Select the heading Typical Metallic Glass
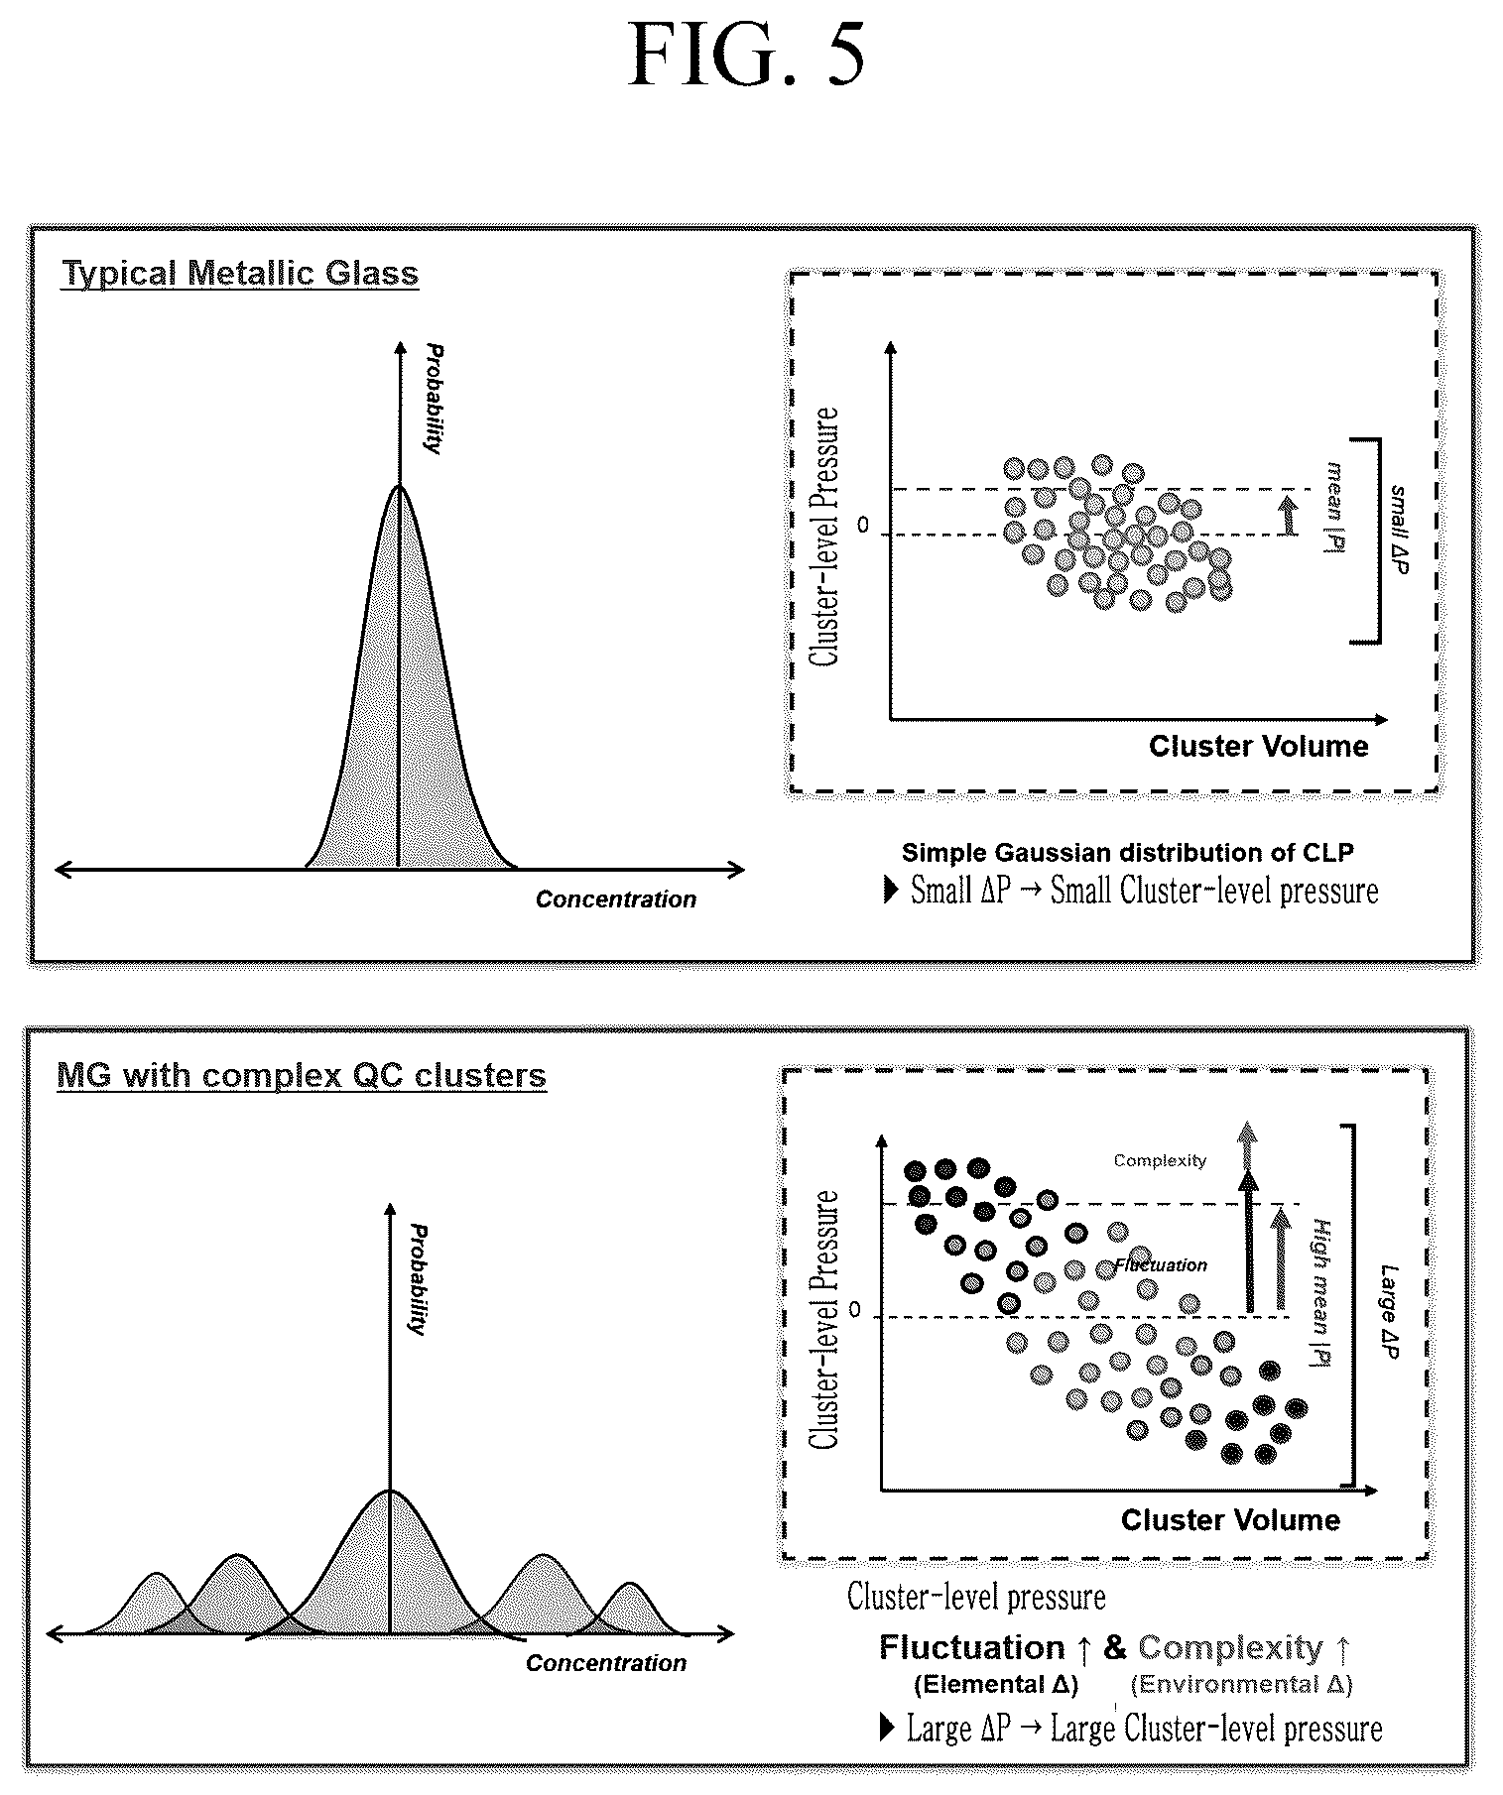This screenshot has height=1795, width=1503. coord(240,273)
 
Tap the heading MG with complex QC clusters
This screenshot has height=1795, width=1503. coord(302,1075)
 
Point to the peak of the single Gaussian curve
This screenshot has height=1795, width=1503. coord(399,485)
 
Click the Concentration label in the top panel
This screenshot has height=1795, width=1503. coord(616,899)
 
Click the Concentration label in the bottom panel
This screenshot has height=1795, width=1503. coord(606,1663)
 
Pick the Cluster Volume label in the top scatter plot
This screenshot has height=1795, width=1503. coord(1259,747)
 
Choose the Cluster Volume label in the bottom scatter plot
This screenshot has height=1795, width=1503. coord(1230,1520)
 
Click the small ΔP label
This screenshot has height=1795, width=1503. coord(1399,531)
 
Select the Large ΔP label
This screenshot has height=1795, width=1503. coord(1391,1311)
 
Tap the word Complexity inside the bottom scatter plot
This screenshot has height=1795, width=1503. coord(1160,1160)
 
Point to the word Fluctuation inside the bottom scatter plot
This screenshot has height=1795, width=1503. coord(1162,1265)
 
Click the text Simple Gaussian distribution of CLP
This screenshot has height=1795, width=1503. coord(1128,852)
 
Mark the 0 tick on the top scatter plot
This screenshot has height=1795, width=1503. coord(862,526)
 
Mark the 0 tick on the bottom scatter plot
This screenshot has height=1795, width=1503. coord(854,1310)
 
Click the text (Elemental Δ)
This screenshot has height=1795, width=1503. coord(995,1684)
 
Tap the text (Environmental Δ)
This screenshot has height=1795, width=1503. coord(1242,1684)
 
